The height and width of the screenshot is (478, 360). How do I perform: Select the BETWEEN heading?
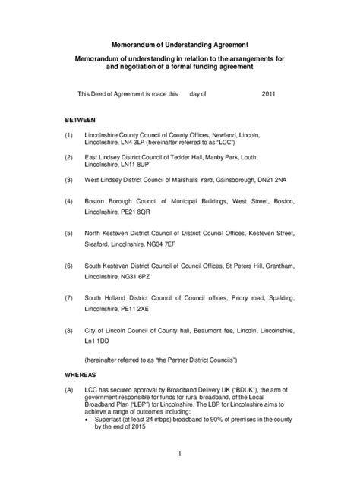click(81, 121)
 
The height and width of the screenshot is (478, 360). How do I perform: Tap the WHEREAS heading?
click(82, 375)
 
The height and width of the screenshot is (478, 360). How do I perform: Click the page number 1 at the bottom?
click(180, 454)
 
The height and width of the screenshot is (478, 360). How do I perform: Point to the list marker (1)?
click(69, 135)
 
